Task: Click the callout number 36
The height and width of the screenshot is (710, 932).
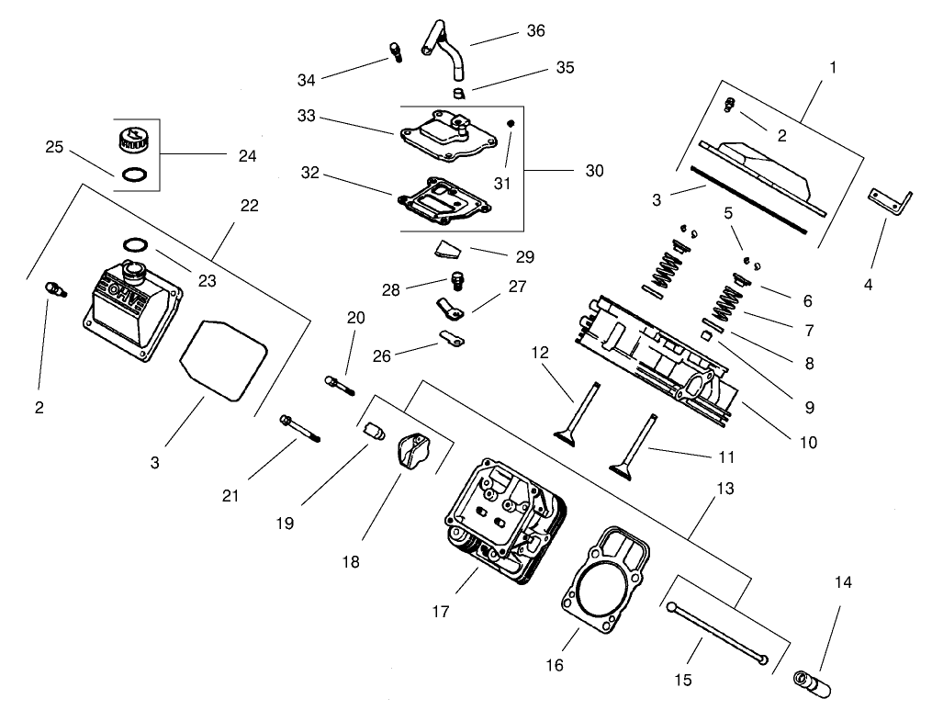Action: click(535, 31)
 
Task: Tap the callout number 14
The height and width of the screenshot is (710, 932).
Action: click(844, 581)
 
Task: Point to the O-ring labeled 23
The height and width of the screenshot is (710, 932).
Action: click(135, 245)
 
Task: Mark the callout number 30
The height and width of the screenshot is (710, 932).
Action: click(594, 171)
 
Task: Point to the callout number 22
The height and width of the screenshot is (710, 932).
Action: click(249, 207)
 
